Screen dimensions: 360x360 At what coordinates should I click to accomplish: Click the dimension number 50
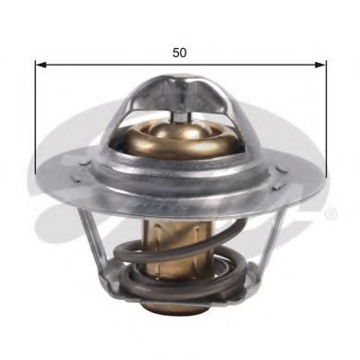click(179, 53)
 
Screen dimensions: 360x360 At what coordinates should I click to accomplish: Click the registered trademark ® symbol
click(330, 215)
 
